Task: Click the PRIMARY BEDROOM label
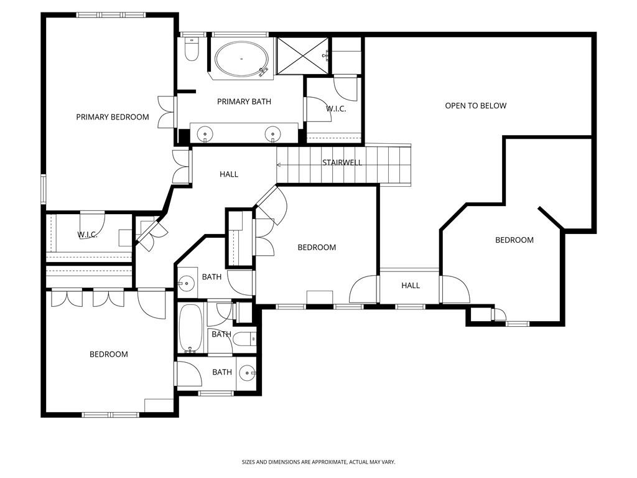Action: (x=113, y=117)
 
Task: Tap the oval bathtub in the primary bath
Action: (x=243, y=59)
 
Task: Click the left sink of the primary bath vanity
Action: (x=205, y=133)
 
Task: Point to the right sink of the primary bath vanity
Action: (x=272, y=133)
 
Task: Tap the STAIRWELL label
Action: (x=342, y=163)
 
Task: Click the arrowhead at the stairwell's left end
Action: (x=279, y=165)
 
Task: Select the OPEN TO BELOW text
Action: (x=476, y=106)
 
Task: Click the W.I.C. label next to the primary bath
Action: (x=336, y=109)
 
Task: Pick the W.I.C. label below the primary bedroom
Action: (x=87, y=235)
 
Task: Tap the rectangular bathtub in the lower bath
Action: (x=188, y=329)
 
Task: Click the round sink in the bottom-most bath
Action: (x=248, y=373)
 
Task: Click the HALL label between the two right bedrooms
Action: (x=411, y=286)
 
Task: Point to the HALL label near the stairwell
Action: (x=229, y=175)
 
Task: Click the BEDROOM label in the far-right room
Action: (x=514, y=240)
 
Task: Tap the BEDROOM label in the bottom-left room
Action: (x=109, y=354)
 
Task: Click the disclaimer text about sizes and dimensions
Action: (x=318, y=462)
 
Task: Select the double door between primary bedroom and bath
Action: (x=165, y=113)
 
